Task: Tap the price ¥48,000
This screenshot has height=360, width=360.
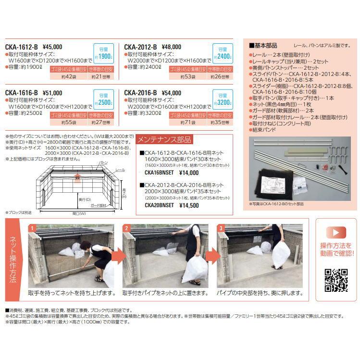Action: [x=171, y=47]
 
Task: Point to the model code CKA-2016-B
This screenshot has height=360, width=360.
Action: [x=140, y=93]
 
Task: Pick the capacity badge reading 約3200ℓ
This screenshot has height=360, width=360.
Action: [x=223, y=99]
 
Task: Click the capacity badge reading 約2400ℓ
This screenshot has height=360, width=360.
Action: [x=223, y=53]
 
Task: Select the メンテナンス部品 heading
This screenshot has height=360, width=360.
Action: [x=165, y=140]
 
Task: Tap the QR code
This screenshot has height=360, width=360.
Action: [x=336, y=280]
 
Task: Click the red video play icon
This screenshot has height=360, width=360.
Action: [x=336, y=233]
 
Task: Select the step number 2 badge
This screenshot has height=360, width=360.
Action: [x=126, y=228]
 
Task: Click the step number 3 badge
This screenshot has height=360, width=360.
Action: [x=221, y=228]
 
